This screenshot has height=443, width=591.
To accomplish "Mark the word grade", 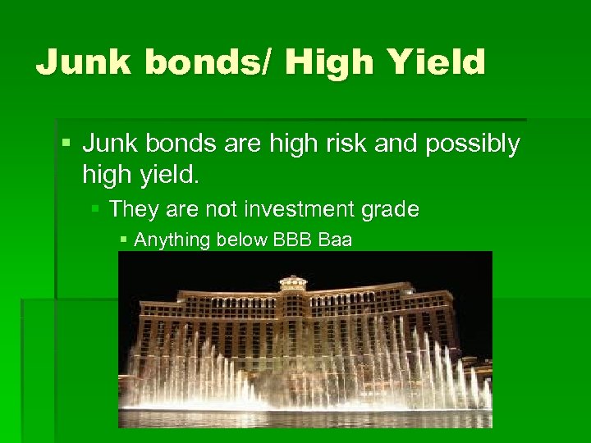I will click(x=390, y=210).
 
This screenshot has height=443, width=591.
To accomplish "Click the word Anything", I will click(x=167, y=240).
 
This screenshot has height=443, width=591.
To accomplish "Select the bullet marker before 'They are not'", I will click(x=94, y=210).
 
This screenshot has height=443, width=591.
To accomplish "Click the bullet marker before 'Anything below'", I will click(x=123, y=240).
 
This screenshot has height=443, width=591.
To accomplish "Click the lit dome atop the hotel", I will click(x=292, y=281).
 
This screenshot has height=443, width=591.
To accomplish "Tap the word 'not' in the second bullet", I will click(x=214, y=209).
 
